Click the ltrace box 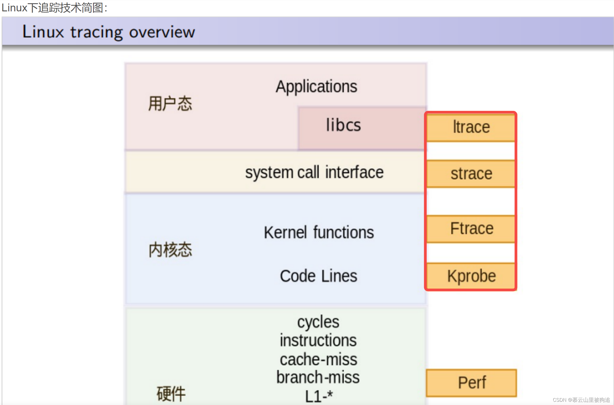[x=471, y=127]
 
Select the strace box [x=471, y=174]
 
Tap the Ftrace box [x=471, y=229]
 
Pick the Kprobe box [x=471, y=276]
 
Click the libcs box [x=343, y=125]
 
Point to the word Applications [x=316, y=87]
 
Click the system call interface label [x=314, y=172]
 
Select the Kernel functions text [x=319, y=233]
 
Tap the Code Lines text [x=318, y=276]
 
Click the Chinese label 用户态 [x=170, y=104]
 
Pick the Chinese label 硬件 [x=171, y=394]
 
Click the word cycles [x=318, y=322]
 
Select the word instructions [x=318, y=340]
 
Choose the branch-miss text [x=318, y=377]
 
